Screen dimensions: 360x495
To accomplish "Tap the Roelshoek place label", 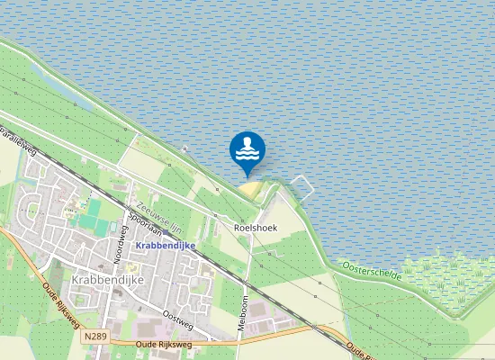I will click(x=256, y=228).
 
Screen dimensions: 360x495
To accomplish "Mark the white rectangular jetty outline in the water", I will click(x=301, y=187).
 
